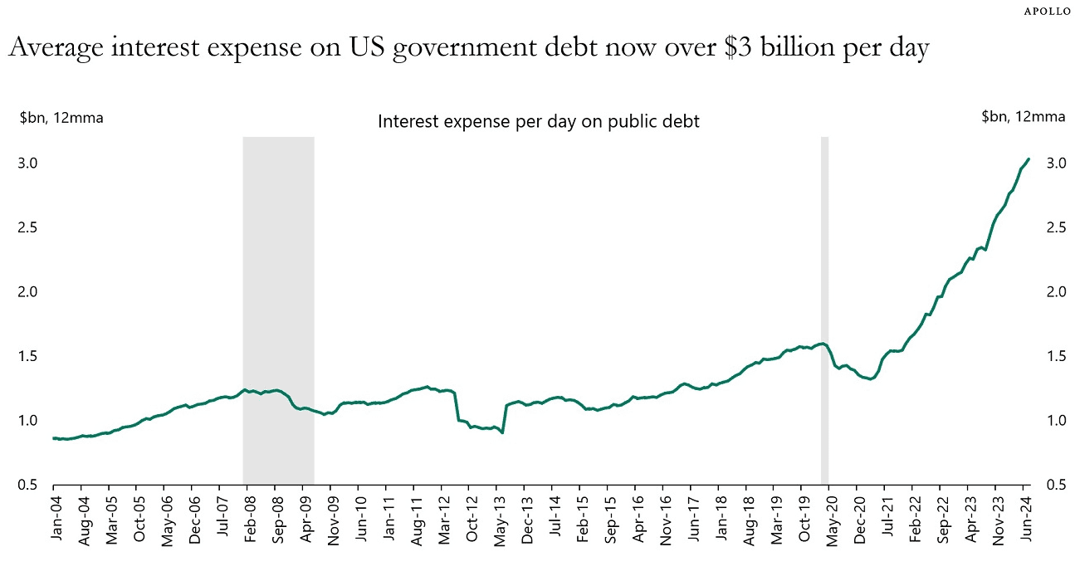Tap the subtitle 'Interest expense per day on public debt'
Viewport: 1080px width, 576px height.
[539, 121]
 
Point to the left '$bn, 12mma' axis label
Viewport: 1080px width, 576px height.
[61, 117]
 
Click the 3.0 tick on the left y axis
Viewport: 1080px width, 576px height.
[28, 163]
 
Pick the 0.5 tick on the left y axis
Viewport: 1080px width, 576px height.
[28, 485]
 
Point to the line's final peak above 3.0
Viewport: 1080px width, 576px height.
[1029, 159]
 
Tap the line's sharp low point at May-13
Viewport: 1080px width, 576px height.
[502, 432]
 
